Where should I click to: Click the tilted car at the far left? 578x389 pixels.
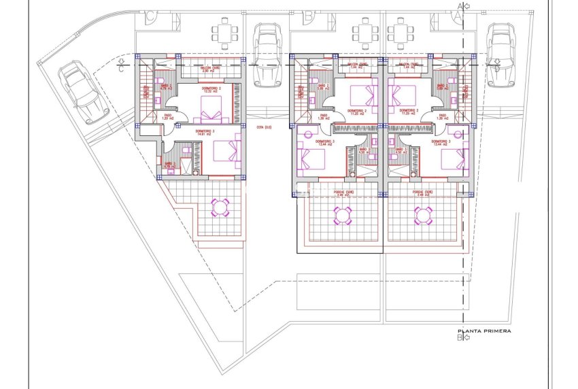click(x=83, y=92)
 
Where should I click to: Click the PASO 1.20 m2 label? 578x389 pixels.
click(x=168, y=116)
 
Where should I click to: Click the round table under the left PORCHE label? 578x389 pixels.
click(x=342, y=216)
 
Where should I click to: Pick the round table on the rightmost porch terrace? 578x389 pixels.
click(x=423, y=216)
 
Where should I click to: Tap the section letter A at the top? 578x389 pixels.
click(x=460, y=7)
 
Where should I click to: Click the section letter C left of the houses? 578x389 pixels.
click(x=121, y=67)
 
